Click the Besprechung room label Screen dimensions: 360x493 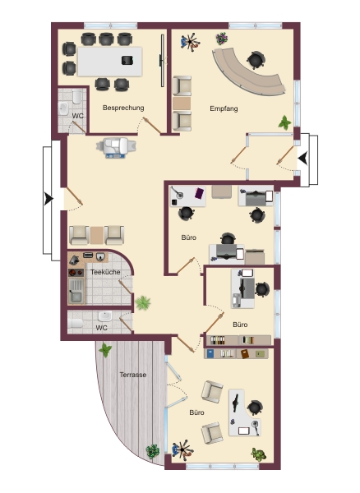point(123,108)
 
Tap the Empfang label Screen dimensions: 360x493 point(224,108)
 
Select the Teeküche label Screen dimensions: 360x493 point(105,272)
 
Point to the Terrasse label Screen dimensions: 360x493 point(133,375)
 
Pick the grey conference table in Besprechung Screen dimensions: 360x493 point(110,62)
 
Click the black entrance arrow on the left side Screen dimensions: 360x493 point(48,199)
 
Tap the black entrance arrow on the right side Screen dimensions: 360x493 point(303,158)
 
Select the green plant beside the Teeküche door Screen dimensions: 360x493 point(143,302)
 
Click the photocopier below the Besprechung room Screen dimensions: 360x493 point(116,147)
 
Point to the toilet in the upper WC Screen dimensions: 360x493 point(77,96)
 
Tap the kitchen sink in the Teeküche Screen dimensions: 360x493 point(76,291)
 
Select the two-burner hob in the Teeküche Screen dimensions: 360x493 point(76,272)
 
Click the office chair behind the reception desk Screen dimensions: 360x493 point(256,60)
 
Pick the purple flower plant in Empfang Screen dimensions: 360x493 point(222,39)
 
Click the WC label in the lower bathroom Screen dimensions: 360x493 point(102,328)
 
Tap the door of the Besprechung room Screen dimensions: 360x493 point(152,125)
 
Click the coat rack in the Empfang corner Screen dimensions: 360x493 point(190,42)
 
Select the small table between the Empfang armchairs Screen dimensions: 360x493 point(182,104)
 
